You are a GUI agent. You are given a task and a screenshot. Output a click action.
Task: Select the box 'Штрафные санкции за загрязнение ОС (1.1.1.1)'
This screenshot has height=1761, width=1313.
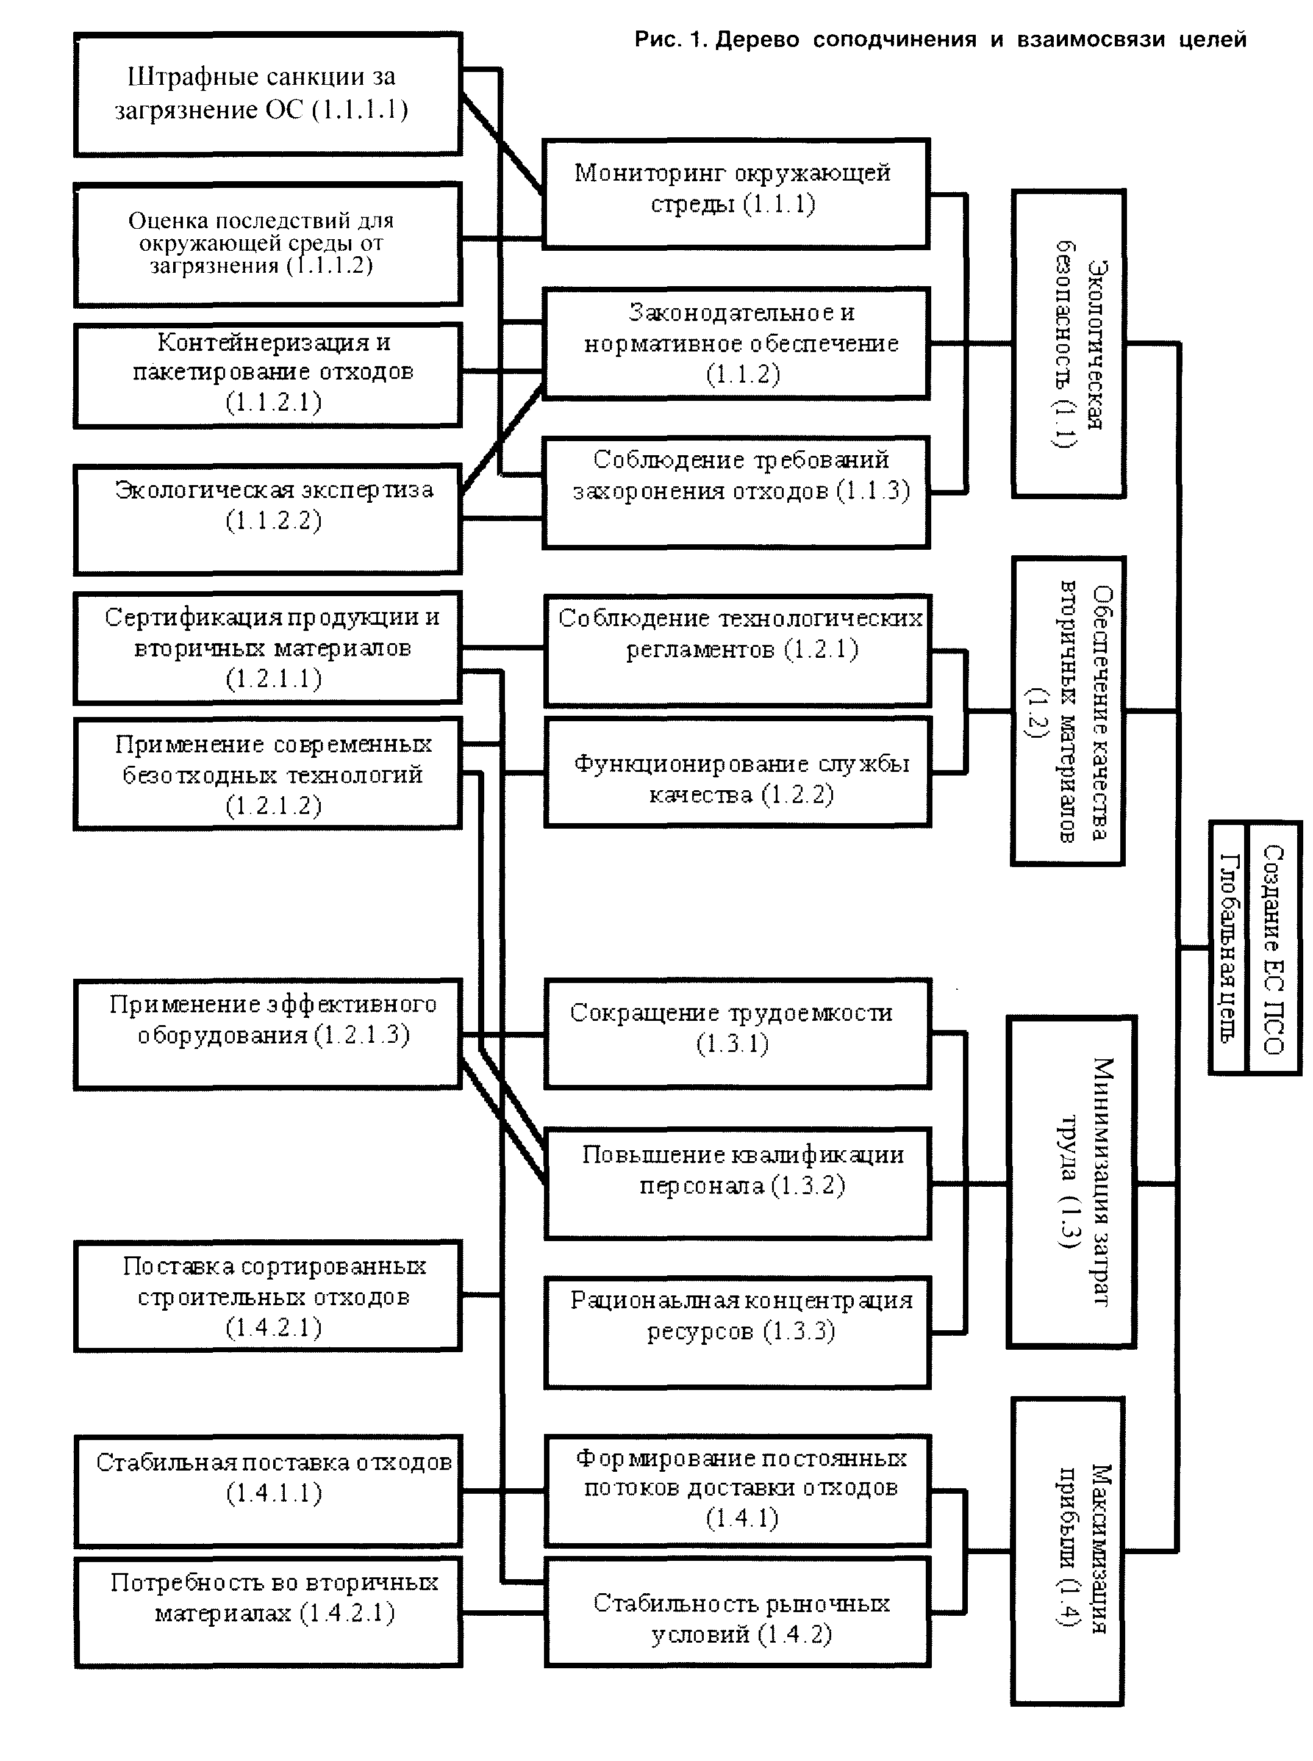[267, 95]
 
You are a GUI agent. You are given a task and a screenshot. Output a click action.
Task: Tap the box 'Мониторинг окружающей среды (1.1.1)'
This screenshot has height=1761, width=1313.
[735, 193]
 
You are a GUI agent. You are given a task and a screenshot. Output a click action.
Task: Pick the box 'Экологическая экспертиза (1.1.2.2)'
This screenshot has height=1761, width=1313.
[267, 519]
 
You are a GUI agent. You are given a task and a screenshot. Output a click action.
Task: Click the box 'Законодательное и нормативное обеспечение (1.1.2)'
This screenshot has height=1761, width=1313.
[735, 343]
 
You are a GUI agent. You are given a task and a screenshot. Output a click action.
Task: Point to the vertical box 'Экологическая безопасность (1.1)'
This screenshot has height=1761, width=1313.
[1068, 344]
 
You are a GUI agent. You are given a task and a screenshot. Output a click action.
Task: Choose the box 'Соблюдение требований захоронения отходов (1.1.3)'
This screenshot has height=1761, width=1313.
[735, 491]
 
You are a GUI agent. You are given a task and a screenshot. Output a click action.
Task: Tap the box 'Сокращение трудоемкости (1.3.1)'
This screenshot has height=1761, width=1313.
[737, 1034]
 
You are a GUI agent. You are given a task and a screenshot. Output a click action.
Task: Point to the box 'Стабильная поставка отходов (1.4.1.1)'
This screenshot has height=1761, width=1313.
[267, 1491]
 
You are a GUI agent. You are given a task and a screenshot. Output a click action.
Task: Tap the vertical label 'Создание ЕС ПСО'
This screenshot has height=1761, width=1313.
[1273, 948]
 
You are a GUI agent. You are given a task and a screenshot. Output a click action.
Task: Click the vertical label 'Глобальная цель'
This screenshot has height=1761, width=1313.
[1229, 948]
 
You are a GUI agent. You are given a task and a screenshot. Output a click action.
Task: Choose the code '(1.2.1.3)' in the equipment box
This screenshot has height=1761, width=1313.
[362, 1035]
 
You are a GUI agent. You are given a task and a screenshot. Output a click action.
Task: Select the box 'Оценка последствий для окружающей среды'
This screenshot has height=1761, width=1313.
[267, 244]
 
